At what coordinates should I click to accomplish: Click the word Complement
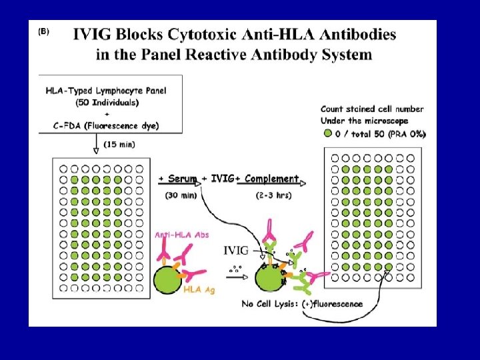(x=271, y=179)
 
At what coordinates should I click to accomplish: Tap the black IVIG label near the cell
(x=236, y=251)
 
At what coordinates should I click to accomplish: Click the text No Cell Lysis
(x=270, y=304)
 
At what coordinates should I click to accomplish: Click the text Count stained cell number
(x=371, y=109)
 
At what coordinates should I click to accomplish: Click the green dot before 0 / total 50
(x=327, y=133)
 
